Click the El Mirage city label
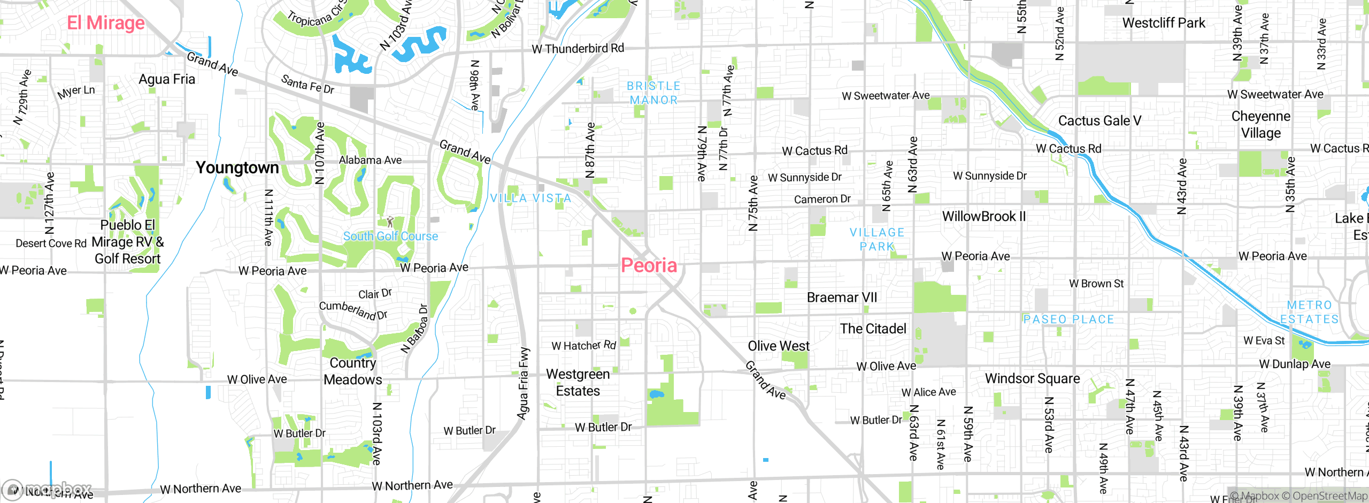(106, 23)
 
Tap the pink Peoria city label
(649, 265)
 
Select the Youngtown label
(237, 168)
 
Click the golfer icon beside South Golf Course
(390, 222)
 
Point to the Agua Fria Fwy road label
(523, 383)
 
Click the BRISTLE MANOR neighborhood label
(653, 93)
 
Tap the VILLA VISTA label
(530, 199)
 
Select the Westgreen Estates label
(578, 383)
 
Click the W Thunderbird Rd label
(578, 49)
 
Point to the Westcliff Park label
(1164, 23)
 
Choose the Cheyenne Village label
(1260, 125)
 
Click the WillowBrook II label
(984, 217)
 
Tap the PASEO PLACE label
(1068, 319)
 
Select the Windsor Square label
(1032, 379)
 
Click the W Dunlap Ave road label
(1295, 364)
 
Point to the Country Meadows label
(353, 371)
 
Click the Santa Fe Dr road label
(307, 85)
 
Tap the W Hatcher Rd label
(583, 346)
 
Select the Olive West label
(779, 346)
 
